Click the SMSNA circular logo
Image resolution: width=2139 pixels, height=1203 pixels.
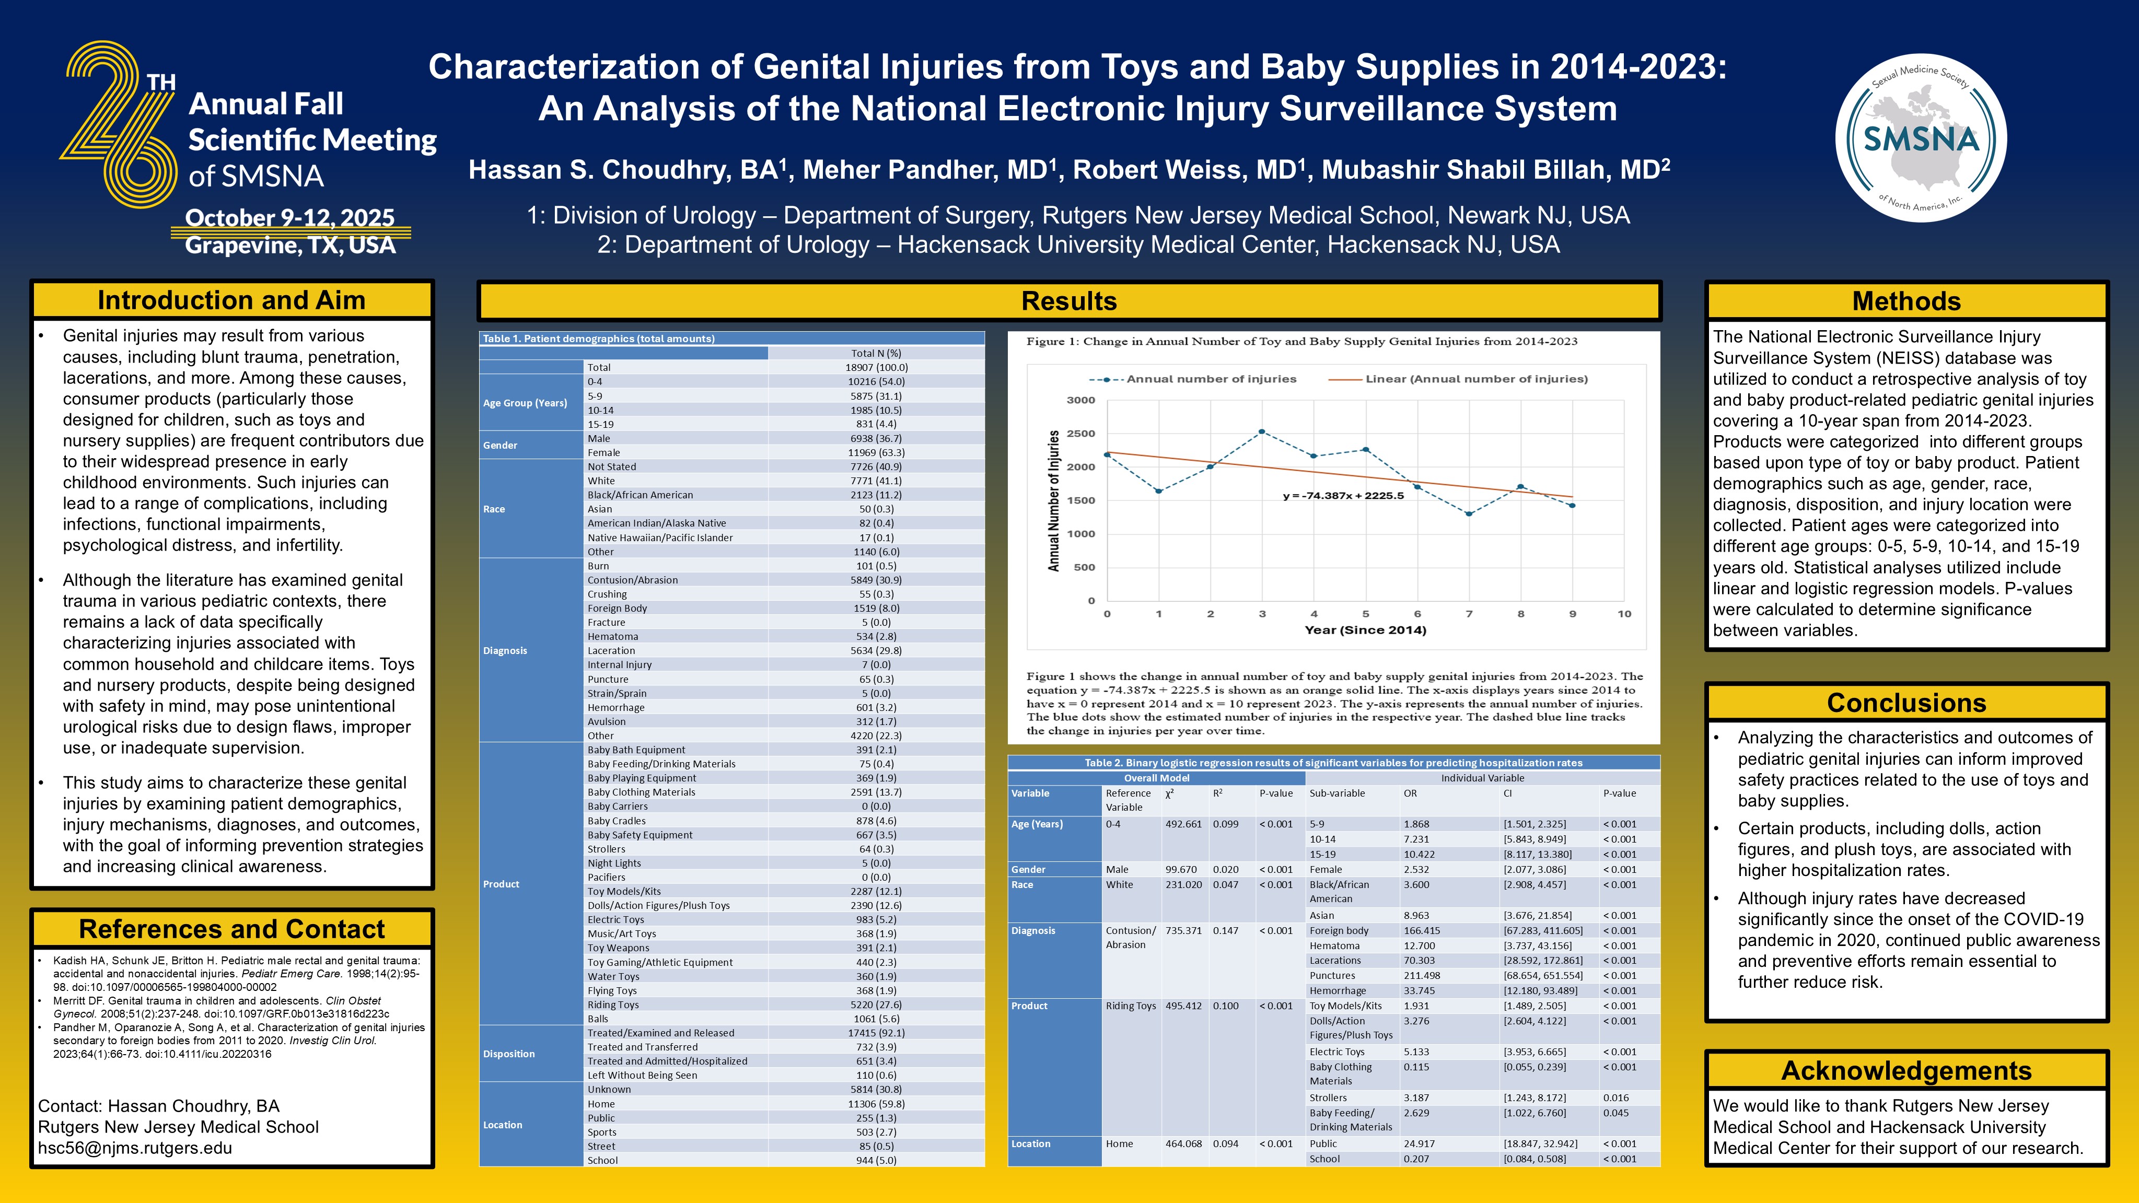(1921, 138)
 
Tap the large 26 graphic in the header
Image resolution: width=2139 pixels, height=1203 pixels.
(118, 124)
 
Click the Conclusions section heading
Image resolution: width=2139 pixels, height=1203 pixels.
(1907, 703)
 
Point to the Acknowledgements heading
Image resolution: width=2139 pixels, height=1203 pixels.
(1907, 1071)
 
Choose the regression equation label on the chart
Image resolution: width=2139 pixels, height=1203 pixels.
(1343, 496)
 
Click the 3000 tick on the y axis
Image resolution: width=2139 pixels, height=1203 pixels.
(1080, 400)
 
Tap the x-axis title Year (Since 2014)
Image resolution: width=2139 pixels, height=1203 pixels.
(1365, 630)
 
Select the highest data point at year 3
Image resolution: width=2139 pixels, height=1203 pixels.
(1262, 431)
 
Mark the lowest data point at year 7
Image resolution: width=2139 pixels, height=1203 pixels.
(1469, 514)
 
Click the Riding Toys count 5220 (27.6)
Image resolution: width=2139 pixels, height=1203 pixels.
(876, 1005)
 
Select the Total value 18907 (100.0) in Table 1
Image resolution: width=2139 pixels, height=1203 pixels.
(876, 367)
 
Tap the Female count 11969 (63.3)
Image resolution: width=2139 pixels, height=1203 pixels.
(876, 452)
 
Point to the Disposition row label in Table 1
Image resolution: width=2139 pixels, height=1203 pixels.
(509, 1054)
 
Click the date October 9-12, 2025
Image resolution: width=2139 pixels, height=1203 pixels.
(290, 217)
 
